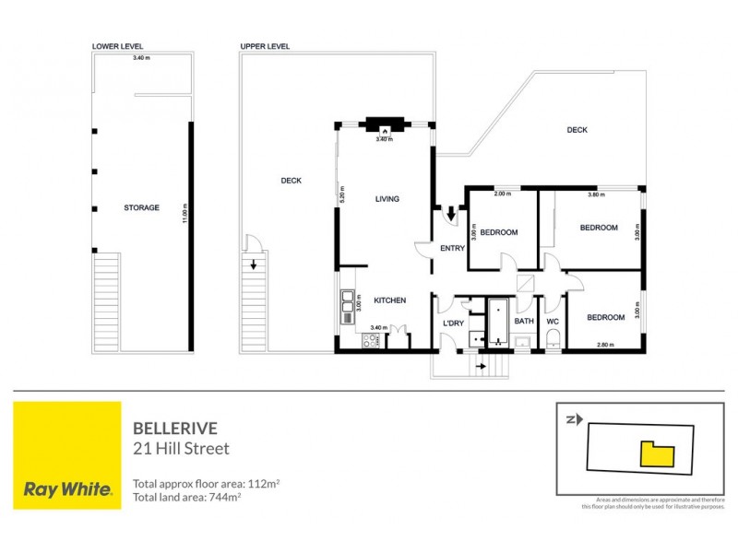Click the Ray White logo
(x=67, y=455)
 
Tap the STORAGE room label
(x=141, y=208)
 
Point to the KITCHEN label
(x=389, y=300)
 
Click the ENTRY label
(x=452, y=249)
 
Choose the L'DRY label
(x=453, y=324)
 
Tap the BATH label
(x=524, y=322)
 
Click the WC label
(x=553, y=322)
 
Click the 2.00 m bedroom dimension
(x=502, y=194)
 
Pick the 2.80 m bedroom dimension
(x=605, y=344)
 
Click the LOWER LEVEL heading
(x=118, y=46)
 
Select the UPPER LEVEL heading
(x=266, y=46)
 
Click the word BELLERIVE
(x=169, y=429)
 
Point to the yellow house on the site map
(x=657, y=453)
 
